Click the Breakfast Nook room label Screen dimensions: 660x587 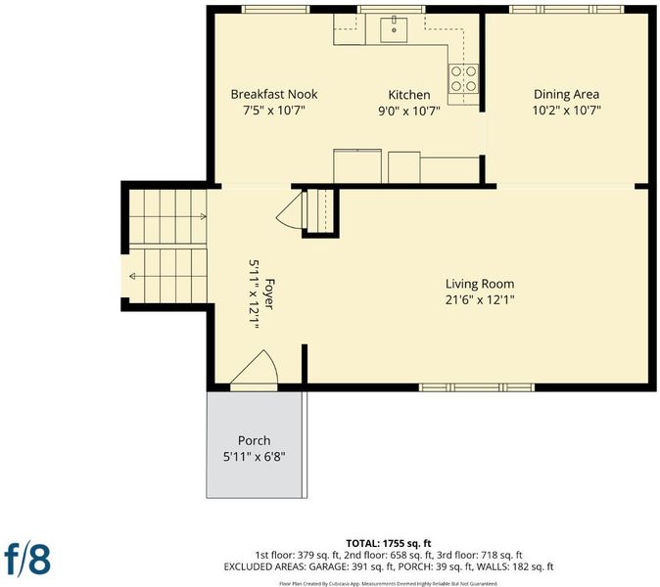(274, 94)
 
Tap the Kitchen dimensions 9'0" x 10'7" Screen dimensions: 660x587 (409, 111)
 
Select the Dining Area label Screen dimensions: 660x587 (566, 94)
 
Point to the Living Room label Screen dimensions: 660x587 (480, 284)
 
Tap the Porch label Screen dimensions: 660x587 (255, 440)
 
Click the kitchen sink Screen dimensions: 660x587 (394, 30)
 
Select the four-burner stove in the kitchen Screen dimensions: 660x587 (463, 78)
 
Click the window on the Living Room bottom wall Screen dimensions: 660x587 (477, 387)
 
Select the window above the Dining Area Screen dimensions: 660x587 (567, 9)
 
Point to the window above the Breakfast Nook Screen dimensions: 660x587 (275, 9)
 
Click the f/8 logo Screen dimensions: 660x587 (27, 560)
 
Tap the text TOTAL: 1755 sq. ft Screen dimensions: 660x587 (389, 543)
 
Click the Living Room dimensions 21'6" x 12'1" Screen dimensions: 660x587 (480, 299)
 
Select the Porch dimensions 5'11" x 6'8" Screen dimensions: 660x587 (255, 457)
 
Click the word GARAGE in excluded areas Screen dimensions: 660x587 (328, 566)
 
